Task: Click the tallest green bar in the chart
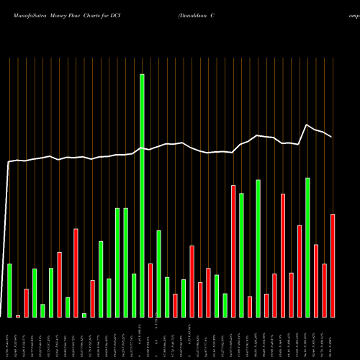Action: pos(142,195)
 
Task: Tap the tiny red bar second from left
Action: pos(18,316)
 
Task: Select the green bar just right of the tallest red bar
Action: pos(241,255)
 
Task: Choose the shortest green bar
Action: pos(84,315)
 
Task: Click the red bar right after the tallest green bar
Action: pos(150,290)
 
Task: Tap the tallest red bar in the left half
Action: pos(76,273)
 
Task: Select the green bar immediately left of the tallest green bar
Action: pos(134,295)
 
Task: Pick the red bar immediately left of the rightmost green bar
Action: pos(300,271)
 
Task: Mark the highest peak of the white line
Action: pos(307,125)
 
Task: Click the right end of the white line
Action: pos(332,137)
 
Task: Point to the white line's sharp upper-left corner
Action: pos(9,163)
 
